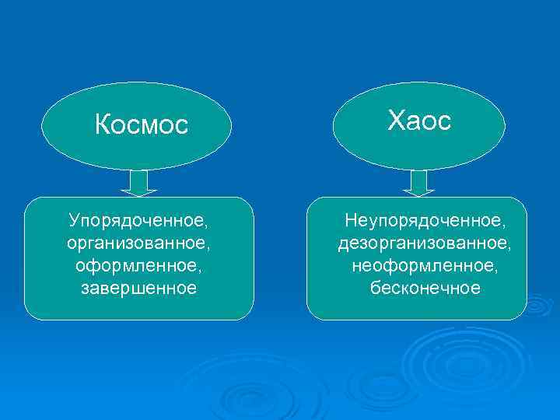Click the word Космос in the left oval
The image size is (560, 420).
[142, 124]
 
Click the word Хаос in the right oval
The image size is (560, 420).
[419, 121]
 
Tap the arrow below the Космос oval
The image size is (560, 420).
[139, 183]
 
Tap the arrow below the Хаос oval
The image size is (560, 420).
[419, 183]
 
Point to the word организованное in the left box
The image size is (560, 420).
[138, 243]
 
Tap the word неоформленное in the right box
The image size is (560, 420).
[422, 266]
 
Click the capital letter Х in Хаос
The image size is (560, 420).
[396, 121]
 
